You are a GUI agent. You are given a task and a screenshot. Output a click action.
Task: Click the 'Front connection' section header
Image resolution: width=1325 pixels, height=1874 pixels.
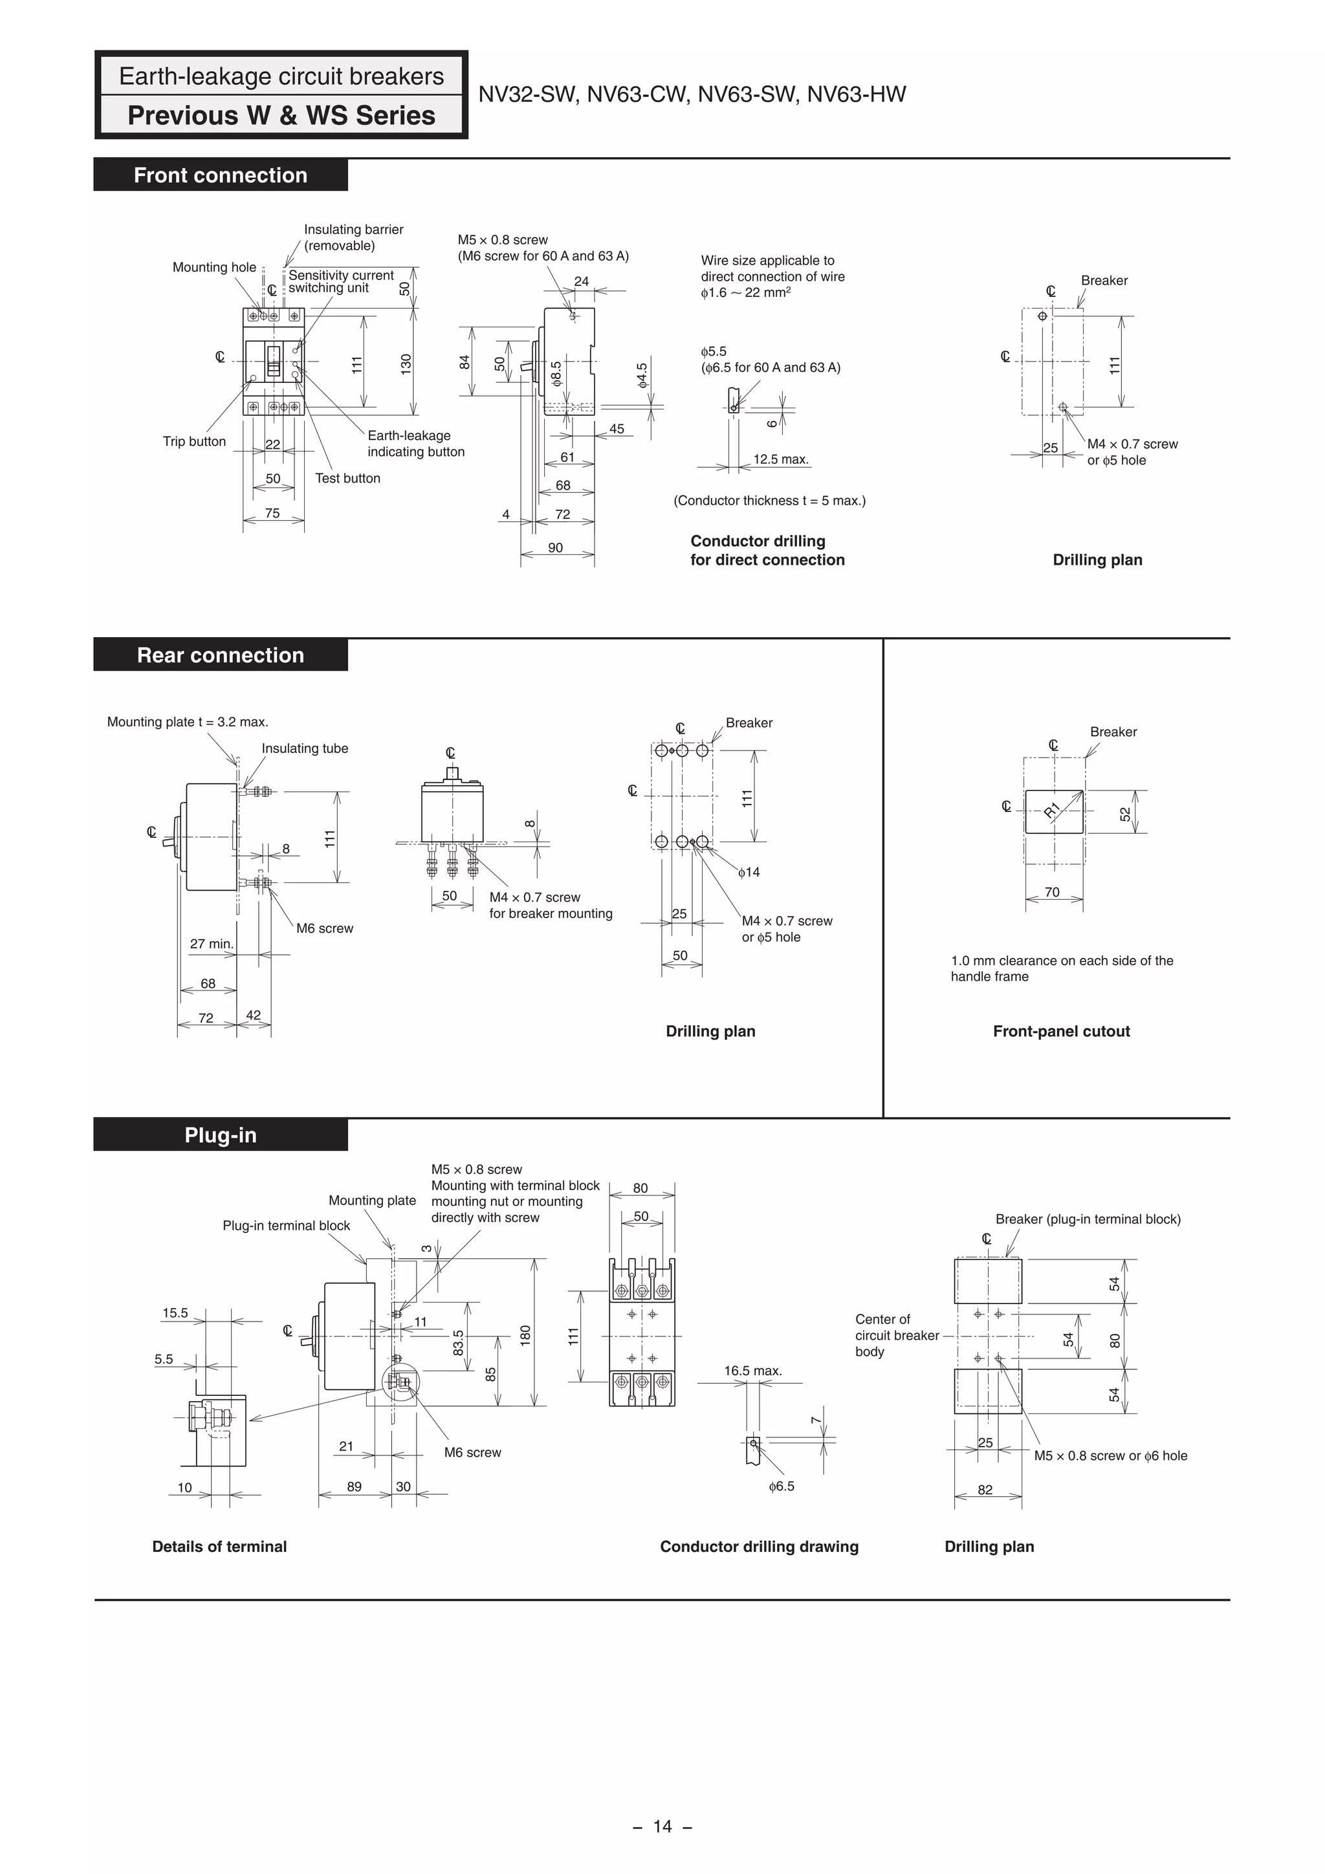point(221,175)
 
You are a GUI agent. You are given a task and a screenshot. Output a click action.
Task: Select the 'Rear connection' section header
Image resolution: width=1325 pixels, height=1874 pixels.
point(221,655)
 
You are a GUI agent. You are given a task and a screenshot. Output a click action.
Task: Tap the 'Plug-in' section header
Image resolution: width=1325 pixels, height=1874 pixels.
point(221,1135)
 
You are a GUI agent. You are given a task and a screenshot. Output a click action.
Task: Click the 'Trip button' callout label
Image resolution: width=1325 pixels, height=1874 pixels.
point(194,442)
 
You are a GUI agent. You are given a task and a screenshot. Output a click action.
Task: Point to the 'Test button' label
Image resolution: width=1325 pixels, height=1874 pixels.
point(348,478)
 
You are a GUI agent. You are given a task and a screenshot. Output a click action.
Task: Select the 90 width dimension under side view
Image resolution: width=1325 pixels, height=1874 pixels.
point(555,548)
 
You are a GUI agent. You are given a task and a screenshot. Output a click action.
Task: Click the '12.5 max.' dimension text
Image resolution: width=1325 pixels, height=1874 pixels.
point(780,459)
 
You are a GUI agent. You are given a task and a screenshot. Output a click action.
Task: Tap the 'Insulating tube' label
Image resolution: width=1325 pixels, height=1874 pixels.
point(305,748)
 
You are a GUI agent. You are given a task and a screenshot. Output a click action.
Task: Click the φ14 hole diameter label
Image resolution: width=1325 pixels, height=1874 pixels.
point(749,873)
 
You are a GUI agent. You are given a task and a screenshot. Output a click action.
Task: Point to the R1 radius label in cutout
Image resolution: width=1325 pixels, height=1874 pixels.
point(1053,810)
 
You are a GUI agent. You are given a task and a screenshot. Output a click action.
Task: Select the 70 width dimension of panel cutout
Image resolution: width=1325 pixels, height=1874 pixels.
point(1053,892)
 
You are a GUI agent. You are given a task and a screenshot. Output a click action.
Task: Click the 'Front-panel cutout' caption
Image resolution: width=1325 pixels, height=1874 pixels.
point(1061,1031)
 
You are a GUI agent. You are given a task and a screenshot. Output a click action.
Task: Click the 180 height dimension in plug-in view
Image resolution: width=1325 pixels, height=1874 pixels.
point(525,1335)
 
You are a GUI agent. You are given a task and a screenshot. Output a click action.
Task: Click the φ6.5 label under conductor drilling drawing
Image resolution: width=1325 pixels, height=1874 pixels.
point(782,1487)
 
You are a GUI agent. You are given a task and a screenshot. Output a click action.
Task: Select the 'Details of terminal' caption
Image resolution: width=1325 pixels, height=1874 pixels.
point(219,1547)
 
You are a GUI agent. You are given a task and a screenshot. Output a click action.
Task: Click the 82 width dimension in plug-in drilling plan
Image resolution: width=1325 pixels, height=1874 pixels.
point(985,1490)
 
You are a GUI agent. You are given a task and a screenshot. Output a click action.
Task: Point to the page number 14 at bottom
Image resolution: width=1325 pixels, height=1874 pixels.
point(662,1826)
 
